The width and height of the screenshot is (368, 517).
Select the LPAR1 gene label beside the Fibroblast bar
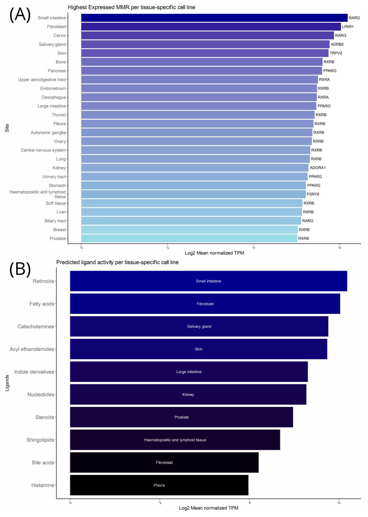[348, 26]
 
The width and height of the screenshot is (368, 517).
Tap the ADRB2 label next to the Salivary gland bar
[337, 44]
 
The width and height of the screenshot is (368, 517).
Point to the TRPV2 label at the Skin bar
[336, 53]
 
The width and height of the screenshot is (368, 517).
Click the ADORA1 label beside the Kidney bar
[317, 168]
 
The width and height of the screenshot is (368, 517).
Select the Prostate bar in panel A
[189, 238]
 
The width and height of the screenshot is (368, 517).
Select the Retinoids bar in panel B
[208, 281]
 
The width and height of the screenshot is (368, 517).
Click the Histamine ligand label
[42, 485]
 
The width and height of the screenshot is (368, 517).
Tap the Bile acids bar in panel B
[164, 462]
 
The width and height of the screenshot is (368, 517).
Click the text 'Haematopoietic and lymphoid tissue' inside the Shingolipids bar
[175, 439]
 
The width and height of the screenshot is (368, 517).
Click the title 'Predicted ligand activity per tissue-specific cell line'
[123, 263]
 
